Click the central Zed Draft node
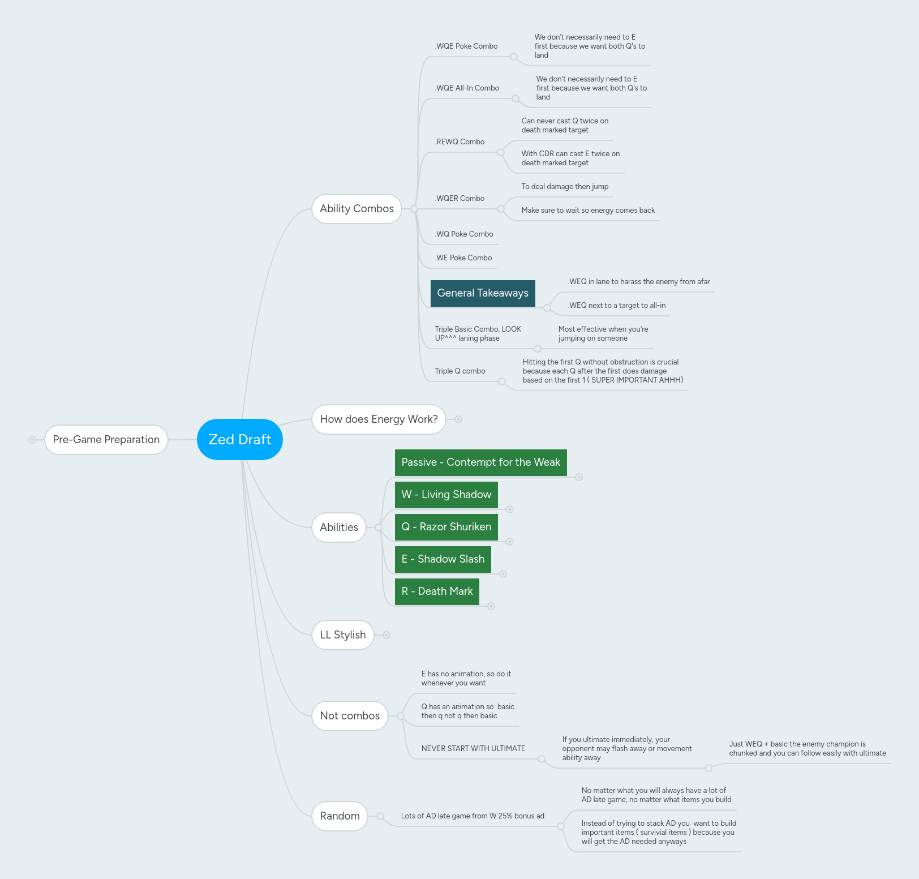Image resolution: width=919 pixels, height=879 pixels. click(x=239, y=439)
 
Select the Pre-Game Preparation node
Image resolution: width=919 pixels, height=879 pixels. click(x=106, y=439)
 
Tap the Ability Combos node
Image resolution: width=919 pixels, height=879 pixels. click(x=357, y=208)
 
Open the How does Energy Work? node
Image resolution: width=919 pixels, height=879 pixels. click(x=379, y=419)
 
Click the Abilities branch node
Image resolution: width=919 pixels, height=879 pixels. click(x=339, y=527)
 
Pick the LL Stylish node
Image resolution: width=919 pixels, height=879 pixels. click(x=342, y=634)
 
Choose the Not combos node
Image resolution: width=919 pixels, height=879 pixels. click(x=350, y=715)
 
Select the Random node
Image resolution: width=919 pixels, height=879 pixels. click(x=340, y=816)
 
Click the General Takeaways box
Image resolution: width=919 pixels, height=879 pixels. click(x=483, y=293)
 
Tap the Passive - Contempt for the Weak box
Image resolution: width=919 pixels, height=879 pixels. click(x=480, y=462)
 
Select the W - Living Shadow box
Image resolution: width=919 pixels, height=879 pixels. click(x=446, y=495)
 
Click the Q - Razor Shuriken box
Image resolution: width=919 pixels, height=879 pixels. click(x=446, y=527)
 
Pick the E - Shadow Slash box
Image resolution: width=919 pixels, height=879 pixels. click(x=443, y=559)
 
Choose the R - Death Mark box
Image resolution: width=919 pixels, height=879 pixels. click(x=437, y=591)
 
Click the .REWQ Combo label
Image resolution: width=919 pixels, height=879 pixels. click(x=459, y=142)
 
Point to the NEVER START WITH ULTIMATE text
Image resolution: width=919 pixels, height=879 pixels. click(x=473, y=748)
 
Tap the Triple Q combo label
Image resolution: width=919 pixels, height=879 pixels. click(x=460, y=371)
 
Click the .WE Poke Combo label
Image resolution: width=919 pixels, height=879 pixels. click(x=463, y=258)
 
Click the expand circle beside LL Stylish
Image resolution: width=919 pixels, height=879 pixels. click(x=387, y=635)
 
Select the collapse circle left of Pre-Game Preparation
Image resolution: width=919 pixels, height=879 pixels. click(x=32, y=440)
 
